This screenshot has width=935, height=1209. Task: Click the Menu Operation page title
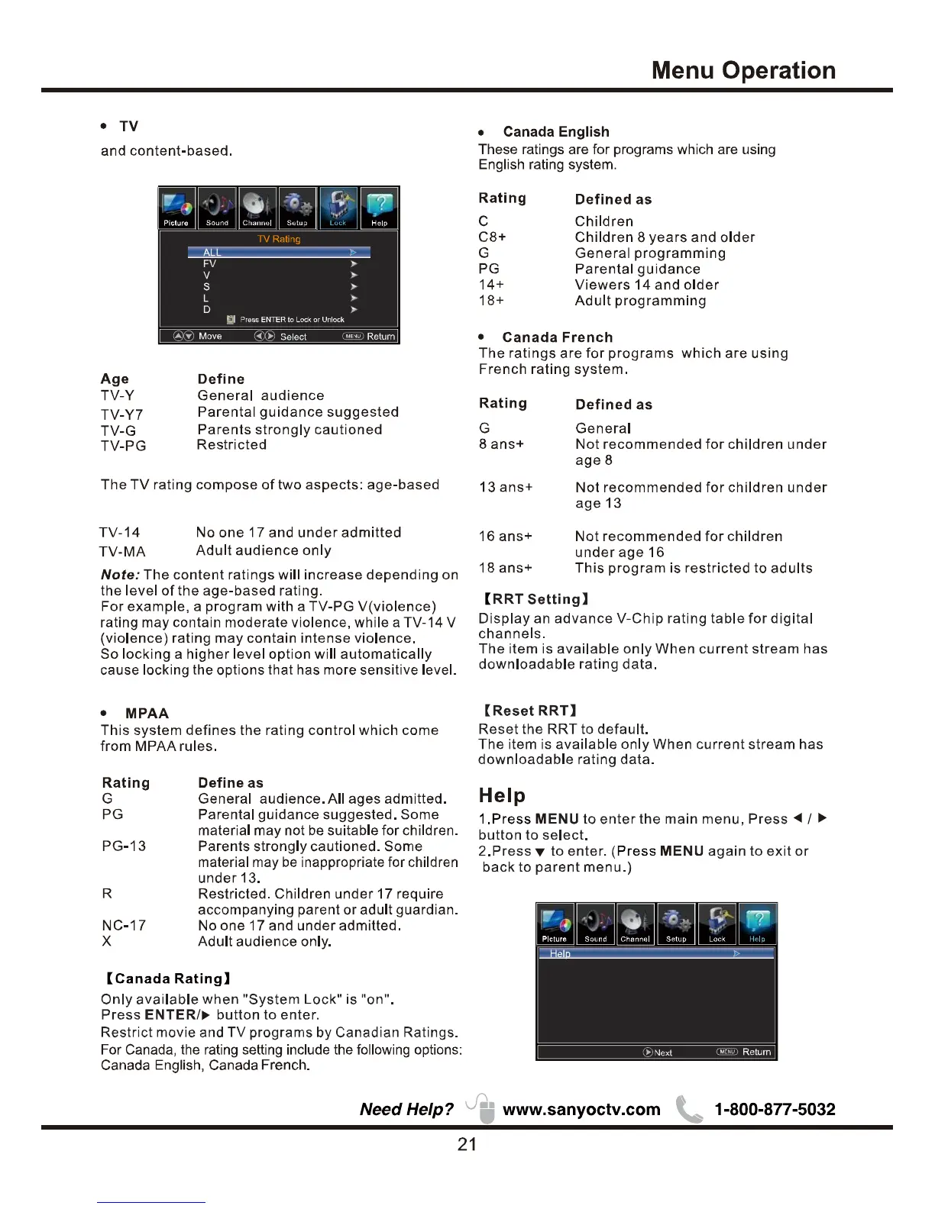[743, 70]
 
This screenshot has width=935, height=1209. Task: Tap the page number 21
[467, 1143]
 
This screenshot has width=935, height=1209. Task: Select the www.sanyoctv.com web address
[581, 1109]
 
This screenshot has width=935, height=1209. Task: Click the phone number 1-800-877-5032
[775, 1109]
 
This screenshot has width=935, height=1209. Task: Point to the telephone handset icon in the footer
[688, 1109]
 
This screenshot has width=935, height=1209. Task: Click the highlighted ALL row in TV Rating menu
[279, 252]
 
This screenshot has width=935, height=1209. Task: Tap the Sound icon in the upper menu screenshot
[217, 208]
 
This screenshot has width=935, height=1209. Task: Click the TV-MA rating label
[122, 551]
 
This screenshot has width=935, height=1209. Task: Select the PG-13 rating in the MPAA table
[124, 846]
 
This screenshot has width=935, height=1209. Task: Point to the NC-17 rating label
[124, 925]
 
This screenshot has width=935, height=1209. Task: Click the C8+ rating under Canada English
[492, 237]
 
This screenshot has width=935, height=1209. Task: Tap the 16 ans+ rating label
[505, 536]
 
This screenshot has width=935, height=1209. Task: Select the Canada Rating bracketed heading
[168, 978]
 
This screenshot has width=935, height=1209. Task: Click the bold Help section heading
[502, 795]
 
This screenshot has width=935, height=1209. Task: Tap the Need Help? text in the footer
[406, 1109]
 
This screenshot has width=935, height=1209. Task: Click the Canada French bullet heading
[557, 337]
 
